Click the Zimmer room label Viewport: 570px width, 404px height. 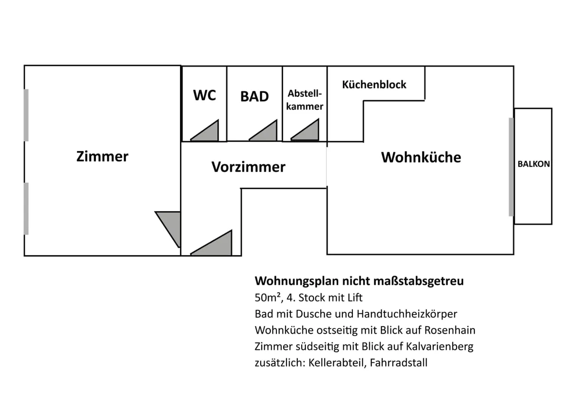[102, 156]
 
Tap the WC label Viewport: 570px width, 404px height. [205, 95]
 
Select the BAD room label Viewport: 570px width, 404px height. [255, 96]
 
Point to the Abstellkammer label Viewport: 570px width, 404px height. [304, 100]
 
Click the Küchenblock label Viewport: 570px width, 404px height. [374, 85]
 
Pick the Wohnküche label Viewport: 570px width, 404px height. [421, 157]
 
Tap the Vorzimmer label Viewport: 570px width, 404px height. [248, 167]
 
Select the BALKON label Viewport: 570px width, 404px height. [533, 164]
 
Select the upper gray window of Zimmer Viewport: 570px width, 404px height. [26, 115]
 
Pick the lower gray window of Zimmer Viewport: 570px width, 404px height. [26, 209]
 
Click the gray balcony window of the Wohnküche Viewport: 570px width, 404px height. [511, 167]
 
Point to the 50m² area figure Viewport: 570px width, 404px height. [268, 298]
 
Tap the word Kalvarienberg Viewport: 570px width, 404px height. [439, 346]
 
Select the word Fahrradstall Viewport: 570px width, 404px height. [399, 363]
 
